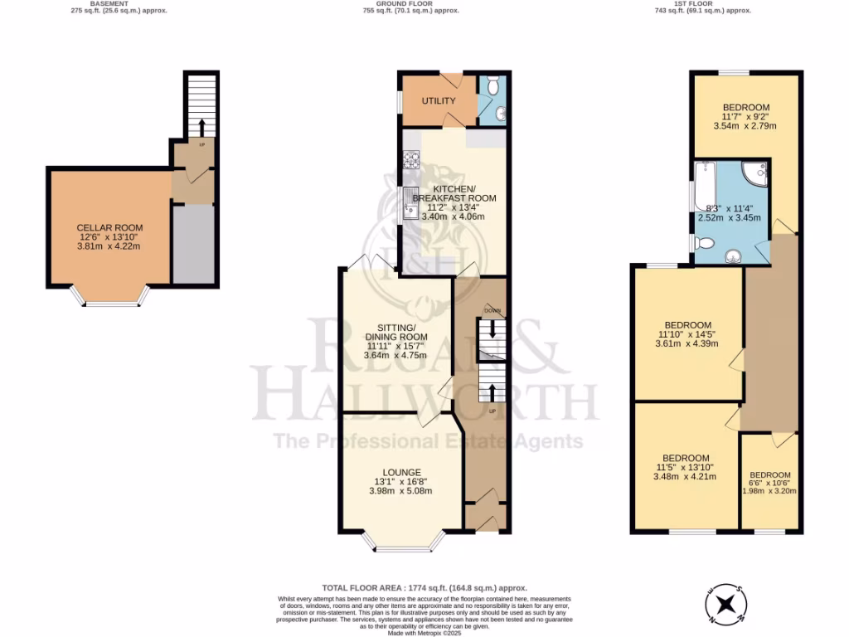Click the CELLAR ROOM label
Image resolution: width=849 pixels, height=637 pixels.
pos(109,228)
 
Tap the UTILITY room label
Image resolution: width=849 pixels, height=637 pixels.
pos(439,101)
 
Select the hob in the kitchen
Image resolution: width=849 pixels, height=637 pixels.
pos(410,160)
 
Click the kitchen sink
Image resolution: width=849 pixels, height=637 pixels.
pos(410,203)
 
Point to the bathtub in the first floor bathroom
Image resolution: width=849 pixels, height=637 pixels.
pos(704,186)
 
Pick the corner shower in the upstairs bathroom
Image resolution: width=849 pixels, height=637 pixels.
pos(754,173)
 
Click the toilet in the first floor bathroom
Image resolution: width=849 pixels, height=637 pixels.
pos(704,243)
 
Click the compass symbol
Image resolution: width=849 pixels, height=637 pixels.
pos(727,604)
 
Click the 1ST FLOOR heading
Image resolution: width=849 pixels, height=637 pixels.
pos(702,3)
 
